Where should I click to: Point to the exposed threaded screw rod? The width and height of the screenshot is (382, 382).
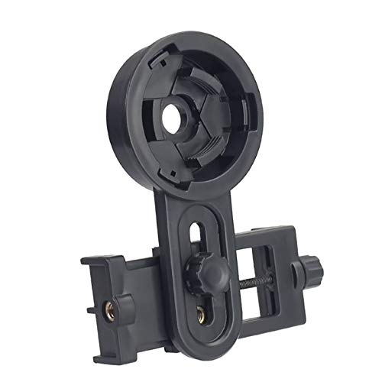260,281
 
